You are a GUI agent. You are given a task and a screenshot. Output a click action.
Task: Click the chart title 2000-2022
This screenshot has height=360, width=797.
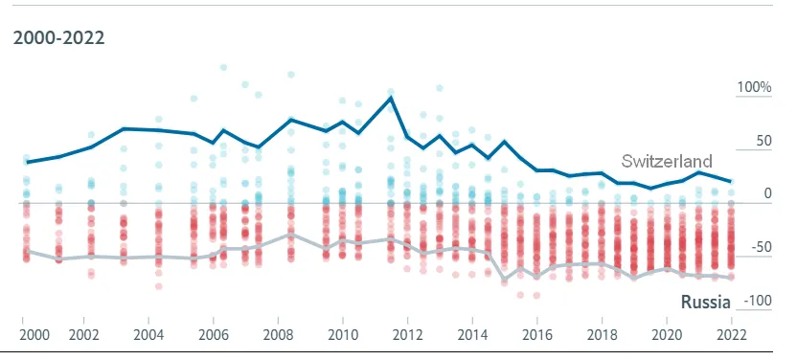[59, 38]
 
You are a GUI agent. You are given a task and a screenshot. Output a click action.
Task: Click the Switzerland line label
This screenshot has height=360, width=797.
[667, 161]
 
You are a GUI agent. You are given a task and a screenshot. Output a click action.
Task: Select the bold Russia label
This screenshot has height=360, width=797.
[705, 303]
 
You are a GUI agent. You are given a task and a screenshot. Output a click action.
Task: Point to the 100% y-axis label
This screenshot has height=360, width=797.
[754, 87]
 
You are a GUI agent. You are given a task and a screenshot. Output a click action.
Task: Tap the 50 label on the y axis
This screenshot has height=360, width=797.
[763, 141]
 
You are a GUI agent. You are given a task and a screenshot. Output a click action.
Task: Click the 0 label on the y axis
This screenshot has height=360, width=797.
[767, 193]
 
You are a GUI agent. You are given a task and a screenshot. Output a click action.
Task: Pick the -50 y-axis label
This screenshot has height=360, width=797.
[761, 247]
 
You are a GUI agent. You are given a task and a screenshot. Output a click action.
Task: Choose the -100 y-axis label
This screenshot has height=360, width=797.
[758, 301]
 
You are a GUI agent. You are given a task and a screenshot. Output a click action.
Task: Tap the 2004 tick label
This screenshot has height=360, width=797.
[148, 335]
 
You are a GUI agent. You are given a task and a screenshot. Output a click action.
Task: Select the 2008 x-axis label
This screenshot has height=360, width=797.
[278, 335]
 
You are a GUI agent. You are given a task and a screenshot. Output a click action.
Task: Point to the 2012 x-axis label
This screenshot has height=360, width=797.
[408, 335]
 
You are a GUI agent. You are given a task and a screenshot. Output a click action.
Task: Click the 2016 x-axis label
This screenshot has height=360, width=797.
[537, 335]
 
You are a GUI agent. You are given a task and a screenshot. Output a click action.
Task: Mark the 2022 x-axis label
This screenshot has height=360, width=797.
[732, 335]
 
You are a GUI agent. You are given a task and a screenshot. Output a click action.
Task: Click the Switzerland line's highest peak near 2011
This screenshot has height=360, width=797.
[391, 97]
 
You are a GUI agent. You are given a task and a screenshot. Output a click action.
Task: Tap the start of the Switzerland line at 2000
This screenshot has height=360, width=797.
[27, 163]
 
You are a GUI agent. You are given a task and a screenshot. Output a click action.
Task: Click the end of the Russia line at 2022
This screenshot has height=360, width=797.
[732, 278]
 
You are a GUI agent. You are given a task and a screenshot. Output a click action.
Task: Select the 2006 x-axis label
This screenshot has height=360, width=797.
[213, 335]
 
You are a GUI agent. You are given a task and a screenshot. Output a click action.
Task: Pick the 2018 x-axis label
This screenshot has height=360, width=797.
[602, 335]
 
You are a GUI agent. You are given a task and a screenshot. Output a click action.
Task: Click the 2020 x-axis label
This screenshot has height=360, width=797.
[667, 335]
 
